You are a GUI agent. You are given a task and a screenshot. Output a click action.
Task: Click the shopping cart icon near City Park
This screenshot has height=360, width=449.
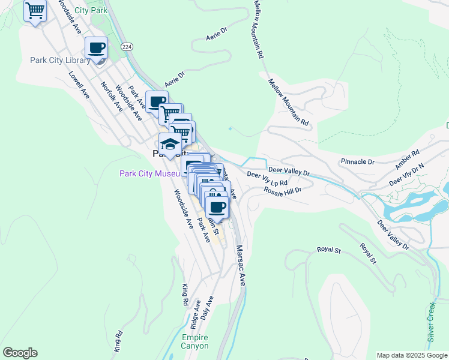35,10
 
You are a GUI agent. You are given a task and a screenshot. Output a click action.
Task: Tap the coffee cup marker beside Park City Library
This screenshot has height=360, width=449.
97,48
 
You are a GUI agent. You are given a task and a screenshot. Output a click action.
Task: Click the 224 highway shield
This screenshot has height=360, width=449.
126,46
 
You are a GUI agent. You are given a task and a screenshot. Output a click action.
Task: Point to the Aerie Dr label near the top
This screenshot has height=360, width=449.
217,34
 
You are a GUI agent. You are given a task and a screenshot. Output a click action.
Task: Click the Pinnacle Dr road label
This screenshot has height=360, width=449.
357,162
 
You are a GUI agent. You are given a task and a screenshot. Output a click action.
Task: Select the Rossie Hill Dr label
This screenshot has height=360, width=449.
282,190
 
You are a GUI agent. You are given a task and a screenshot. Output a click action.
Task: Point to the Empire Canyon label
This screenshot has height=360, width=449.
195,341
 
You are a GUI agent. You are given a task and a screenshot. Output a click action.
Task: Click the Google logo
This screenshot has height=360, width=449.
20,353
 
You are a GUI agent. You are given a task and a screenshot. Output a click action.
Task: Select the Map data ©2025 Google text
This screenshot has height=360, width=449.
412,355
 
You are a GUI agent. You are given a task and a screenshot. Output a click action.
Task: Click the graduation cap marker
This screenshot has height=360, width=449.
170,144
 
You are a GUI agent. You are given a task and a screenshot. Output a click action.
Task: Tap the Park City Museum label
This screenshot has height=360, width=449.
150,173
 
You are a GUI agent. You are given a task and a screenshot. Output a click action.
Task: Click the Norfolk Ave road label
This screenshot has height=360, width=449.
112,96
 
